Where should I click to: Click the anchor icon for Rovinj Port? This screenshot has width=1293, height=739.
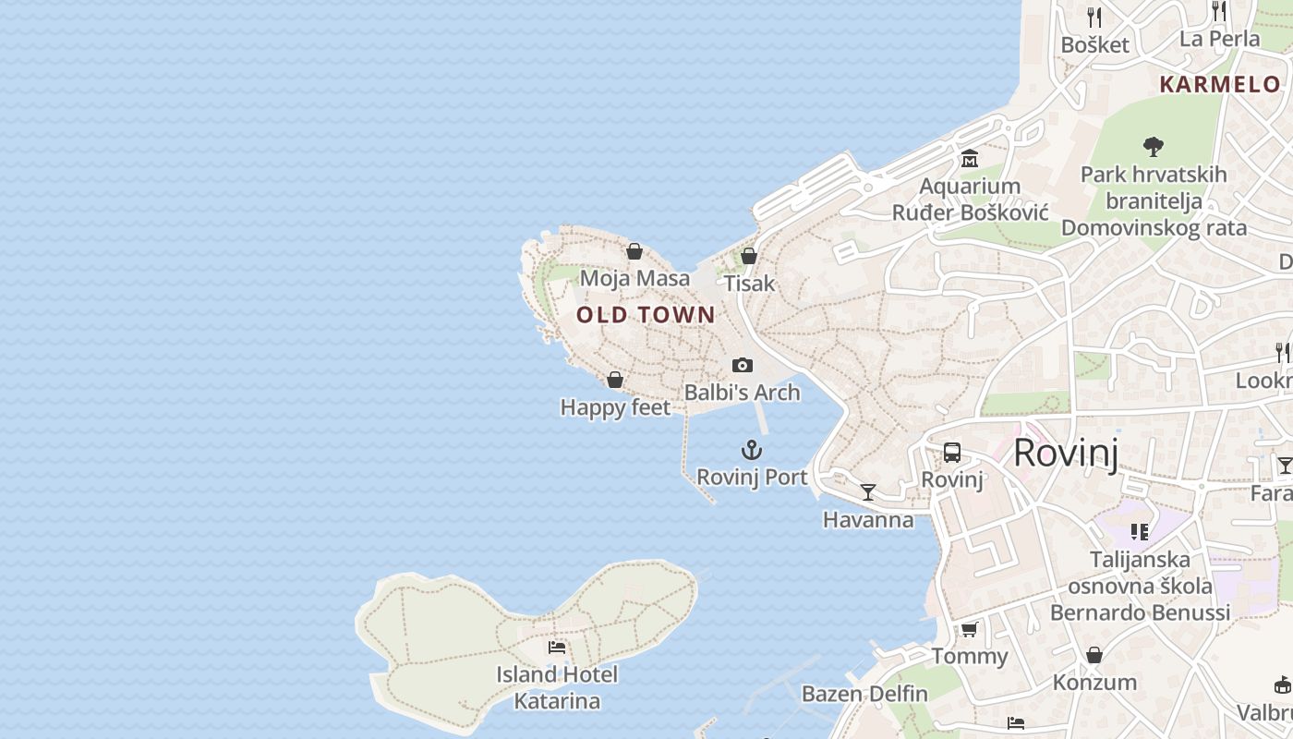(752, 451)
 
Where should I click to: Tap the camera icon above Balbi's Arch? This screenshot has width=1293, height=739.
(742, 366)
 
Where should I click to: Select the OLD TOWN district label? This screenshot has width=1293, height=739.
(646, 315)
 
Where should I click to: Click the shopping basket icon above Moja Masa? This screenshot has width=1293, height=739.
(634, 251)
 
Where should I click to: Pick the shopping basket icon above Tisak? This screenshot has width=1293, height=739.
(749, 256)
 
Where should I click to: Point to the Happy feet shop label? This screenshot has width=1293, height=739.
(615, 407)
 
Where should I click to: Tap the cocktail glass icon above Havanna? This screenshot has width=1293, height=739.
(867, 491)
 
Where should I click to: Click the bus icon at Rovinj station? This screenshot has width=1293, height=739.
(952, 453)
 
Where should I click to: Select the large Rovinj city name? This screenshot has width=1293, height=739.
(1066, 454)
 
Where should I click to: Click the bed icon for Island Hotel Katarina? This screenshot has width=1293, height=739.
(557, 648)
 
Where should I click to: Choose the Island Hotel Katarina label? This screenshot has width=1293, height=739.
(557, 687)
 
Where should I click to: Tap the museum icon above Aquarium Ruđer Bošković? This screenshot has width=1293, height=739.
(970, 159)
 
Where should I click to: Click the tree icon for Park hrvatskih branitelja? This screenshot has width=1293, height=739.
(1153, 146)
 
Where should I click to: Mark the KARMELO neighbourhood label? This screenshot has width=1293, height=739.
(1220, 84)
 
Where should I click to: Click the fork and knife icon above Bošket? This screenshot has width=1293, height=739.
(1094, 17)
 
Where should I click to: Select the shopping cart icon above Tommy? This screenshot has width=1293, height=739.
(969, 630)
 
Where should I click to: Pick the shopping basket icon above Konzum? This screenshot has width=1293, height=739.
(1094, 655)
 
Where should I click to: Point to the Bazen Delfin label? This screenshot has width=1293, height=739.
(864, 694)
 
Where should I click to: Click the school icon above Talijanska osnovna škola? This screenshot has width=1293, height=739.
(1140, 532)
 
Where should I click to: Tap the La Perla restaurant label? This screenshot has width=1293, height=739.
(1219, 39)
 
